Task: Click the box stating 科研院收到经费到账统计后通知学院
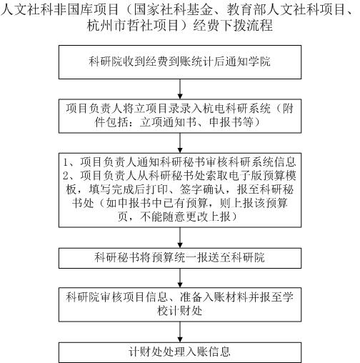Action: coord(180,62)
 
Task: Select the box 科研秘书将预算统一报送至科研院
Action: coord(180,258)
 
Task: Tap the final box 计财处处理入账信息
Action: coord(180,352)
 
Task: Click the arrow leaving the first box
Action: coord(180,89)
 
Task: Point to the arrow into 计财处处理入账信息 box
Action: coord(180,332)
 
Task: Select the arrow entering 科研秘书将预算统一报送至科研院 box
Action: coord(180,238)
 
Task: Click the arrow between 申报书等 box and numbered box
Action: coord(180,143)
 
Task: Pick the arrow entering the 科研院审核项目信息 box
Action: coord(180,278)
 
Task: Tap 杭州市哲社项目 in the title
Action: coord(133,25)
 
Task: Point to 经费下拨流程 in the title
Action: coord(233,25)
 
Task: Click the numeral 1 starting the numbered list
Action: coord(66,162)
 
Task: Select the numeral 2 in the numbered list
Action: coord(66,176)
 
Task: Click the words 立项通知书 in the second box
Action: coord(168,122)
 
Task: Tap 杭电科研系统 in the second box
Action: coord(236,109)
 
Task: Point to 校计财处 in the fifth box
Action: coord(180,311)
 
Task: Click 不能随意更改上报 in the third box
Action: coord(185,217)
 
